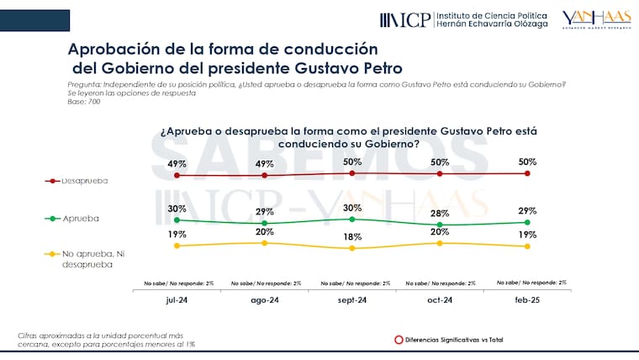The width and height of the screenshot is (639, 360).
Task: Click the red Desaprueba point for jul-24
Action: [x=177, y=175]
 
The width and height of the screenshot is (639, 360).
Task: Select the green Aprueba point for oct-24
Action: [x=440, y=225]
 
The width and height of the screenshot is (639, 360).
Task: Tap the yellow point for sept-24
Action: [x=352, y=248]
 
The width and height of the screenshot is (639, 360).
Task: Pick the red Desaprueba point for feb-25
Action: [x=527, y=173]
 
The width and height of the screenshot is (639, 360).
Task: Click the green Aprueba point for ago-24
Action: [x=265, y=223]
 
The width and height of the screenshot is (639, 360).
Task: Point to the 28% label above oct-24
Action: [x=440, y=214]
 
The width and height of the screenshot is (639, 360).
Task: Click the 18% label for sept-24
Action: [x=352, y=237]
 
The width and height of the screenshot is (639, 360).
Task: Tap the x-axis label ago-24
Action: [x=265, y=299]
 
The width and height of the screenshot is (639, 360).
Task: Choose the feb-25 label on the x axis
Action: [x=527, y=299]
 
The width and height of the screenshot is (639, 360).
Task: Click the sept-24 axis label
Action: [x=352, y=299]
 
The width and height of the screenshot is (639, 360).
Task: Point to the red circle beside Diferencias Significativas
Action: [x=398, y=340]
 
